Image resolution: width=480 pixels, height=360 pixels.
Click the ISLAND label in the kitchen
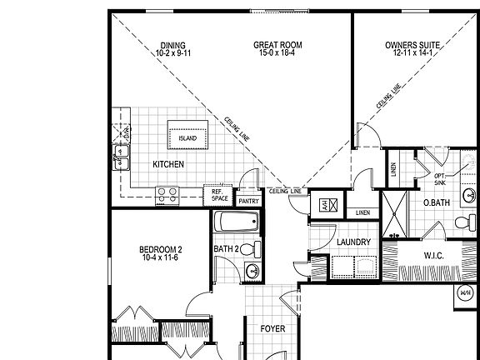(187, 138)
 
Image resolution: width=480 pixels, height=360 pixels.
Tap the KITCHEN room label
(168, 164)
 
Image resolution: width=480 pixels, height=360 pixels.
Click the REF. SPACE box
(219, 195)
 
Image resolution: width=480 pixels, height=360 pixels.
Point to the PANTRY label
(248, 201)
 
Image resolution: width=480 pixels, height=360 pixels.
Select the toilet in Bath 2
(254, 248)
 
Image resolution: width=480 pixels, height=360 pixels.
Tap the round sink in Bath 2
(254, 270)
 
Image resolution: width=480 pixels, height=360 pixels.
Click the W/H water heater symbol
(466, 293)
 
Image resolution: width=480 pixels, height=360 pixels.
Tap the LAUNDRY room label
(330, 242)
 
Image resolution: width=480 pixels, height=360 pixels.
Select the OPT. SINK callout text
(440, 179)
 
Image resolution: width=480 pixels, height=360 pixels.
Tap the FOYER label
(272, 328)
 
